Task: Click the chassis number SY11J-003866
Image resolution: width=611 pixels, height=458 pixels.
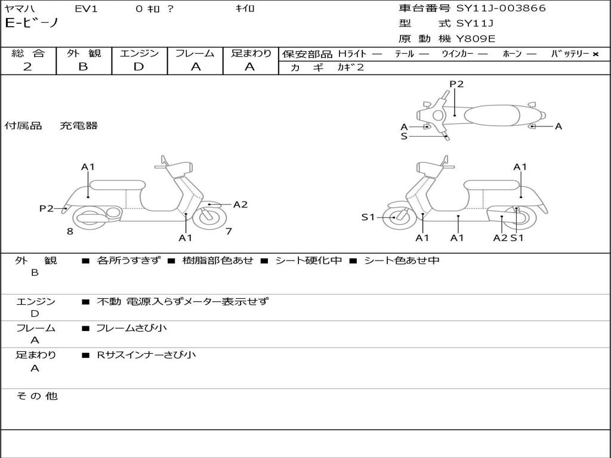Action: [501, 8]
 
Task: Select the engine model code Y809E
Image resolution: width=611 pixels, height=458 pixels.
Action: [476, 39]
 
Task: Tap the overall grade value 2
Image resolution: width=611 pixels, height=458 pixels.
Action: [27, 67]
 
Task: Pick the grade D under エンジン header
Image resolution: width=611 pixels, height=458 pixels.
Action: [138, 67]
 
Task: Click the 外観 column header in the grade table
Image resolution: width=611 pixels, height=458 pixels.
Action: [84, 53]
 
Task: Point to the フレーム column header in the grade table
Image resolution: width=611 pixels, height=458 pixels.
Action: [195, 53]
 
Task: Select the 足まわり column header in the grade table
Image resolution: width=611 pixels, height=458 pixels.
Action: [251, 53]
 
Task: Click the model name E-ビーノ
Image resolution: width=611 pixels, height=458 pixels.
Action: [32, 24]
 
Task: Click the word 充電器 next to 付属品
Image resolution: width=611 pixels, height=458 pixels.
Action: [78, 126]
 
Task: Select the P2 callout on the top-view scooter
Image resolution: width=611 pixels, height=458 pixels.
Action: [456, 84]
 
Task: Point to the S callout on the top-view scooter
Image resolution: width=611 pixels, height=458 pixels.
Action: [404, 137]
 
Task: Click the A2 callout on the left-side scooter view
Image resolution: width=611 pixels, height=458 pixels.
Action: [240, 205]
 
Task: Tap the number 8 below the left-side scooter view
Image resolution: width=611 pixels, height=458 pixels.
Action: [70, 231]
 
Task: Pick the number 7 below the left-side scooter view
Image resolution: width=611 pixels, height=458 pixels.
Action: [229, 231]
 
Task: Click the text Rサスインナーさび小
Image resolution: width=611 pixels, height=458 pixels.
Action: [146, 355]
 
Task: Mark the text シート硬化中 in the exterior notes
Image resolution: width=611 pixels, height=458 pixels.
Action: [308, 261]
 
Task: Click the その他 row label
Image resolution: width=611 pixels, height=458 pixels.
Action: [36, 396]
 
